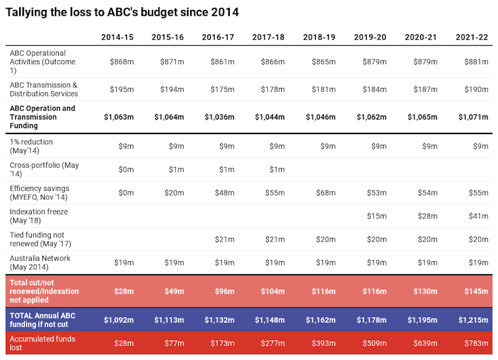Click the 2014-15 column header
click(x=118, y=37)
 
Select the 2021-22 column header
click(x=472, y=37)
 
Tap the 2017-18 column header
click(x=269, y=37)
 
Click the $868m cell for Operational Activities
click(x=122, y=61)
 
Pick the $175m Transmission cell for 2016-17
click(x=223, y=89)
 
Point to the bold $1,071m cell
click(x=474, y=117)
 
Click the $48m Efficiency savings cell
click(x=225, y=193)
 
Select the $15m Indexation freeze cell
click(x=377, y=216)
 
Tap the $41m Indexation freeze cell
click(x=479, y=216)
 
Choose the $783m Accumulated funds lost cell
click(x=476, y=343)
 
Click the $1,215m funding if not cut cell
click(x=474, y=320)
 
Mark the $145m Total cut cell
click(x=476, y=291)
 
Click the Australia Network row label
click(x=40, y=262)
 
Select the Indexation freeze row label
click(x=39, y=216)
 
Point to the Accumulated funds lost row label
click(x=42, y=343)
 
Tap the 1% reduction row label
click(x=31, y=146)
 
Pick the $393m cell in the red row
click(x=324, y=343)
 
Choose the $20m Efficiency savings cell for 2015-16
click(x=174, y=193)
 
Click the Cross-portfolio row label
click(x=44, y=169)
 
